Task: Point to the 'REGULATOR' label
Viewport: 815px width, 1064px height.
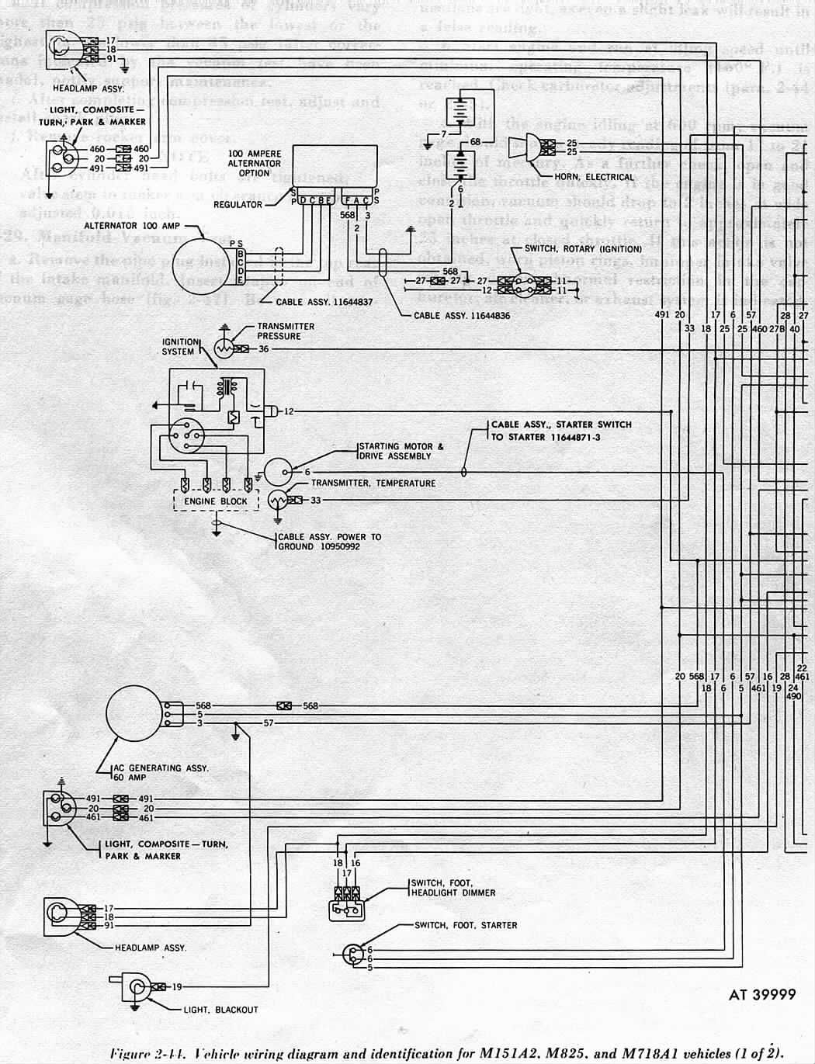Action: [238, 205]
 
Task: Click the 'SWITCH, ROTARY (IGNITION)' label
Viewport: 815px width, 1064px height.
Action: [583, 249]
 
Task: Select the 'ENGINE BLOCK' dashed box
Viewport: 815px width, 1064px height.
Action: [215, 501]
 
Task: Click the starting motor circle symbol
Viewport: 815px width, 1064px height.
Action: [277, 472]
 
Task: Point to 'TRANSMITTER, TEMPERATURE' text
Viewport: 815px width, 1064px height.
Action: [373, 483]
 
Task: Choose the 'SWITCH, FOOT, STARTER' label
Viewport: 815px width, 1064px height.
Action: [465, 925]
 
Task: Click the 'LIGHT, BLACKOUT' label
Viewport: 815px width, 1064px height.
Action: [220, 1010]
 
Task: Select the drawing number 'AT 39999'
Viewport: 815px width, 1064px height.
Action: [762, 995]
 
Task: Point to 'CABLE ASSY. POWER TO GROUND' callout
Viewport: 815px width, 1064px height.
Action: [329, 541]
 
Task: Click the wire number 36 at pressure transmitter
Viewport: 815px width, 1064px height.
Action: [263, 349]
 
